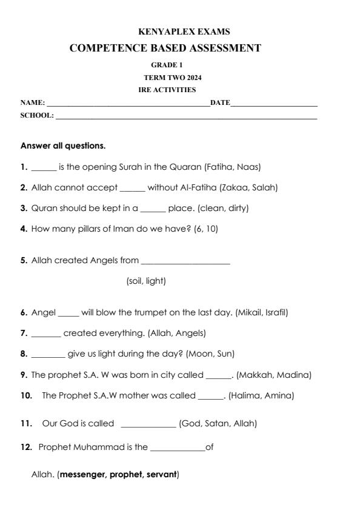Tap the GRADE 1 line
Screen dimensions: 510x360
pyautogui.click(x=167, y=64)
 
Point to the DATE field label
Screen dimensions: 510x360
pyautogui.click(x=220, y=102)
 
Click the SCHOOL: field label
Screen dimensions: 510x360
pyautogui.click(x=37, y=115)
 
